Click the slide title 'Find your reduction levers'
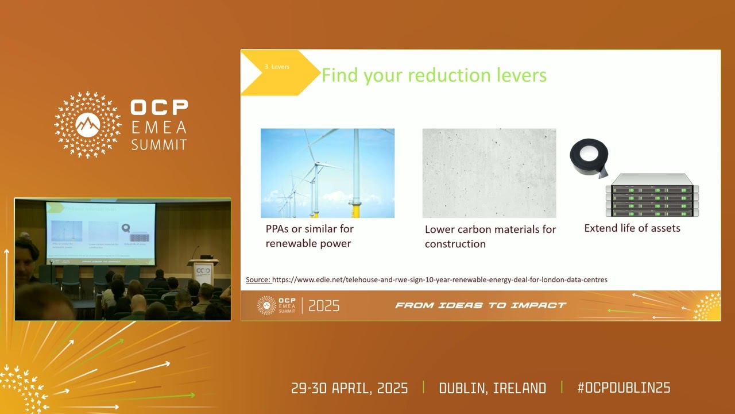tap(434, 75)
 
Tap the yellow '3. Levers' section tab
tap(277, 67)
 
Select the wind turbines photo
tap(327, 172)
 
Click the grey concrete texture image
tap(489, 172)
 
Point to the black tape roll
tap(589, 157)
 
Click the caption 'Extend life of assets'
tap(632, 228)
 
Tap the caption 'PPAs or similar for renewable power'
tap(310, 236)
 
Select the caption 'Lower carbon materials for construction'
tap(490, 236)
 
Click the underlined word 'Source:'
tap(258, 279)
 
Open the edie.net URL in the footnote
tap(439, 279)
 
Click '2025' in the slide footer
tap(324, 306)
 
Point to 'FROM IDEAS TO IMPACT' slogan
tap(481, 305)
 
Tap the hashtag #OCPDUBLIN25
tap(624, 388)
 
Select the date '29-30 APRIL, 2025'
tap(349, 388)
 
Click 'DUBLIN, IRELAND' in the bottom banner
tap(492, 388)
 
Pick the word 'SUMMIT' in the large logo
tap(159, 144)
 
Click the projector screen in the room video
tap(100, 233)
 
